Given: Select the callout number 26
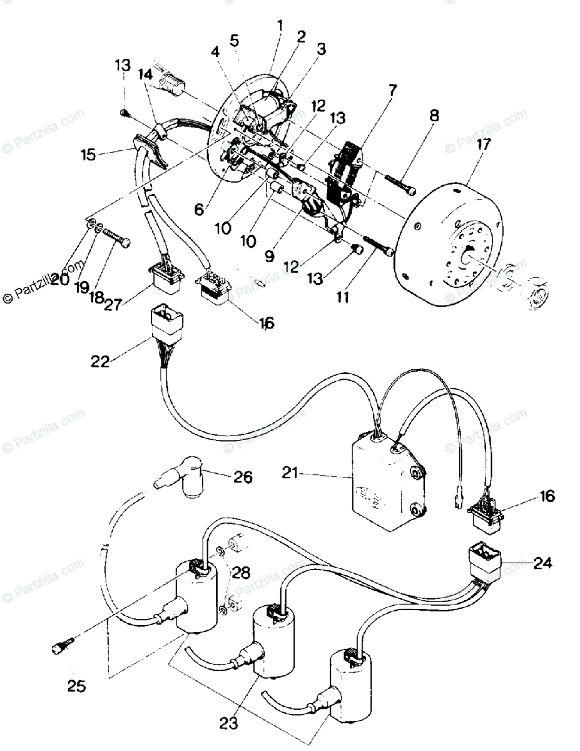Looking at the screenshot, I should pyautogui.click(x=243, y=477).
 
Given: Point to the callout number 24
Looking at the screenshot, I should pyautogui.click(x=543, y=563).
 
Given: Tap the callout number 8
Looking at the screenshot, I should pyautogui.click(x=434, y=116).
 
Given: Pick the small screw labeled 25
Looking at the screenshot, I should pyautogui.click(x=62, y=645).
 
